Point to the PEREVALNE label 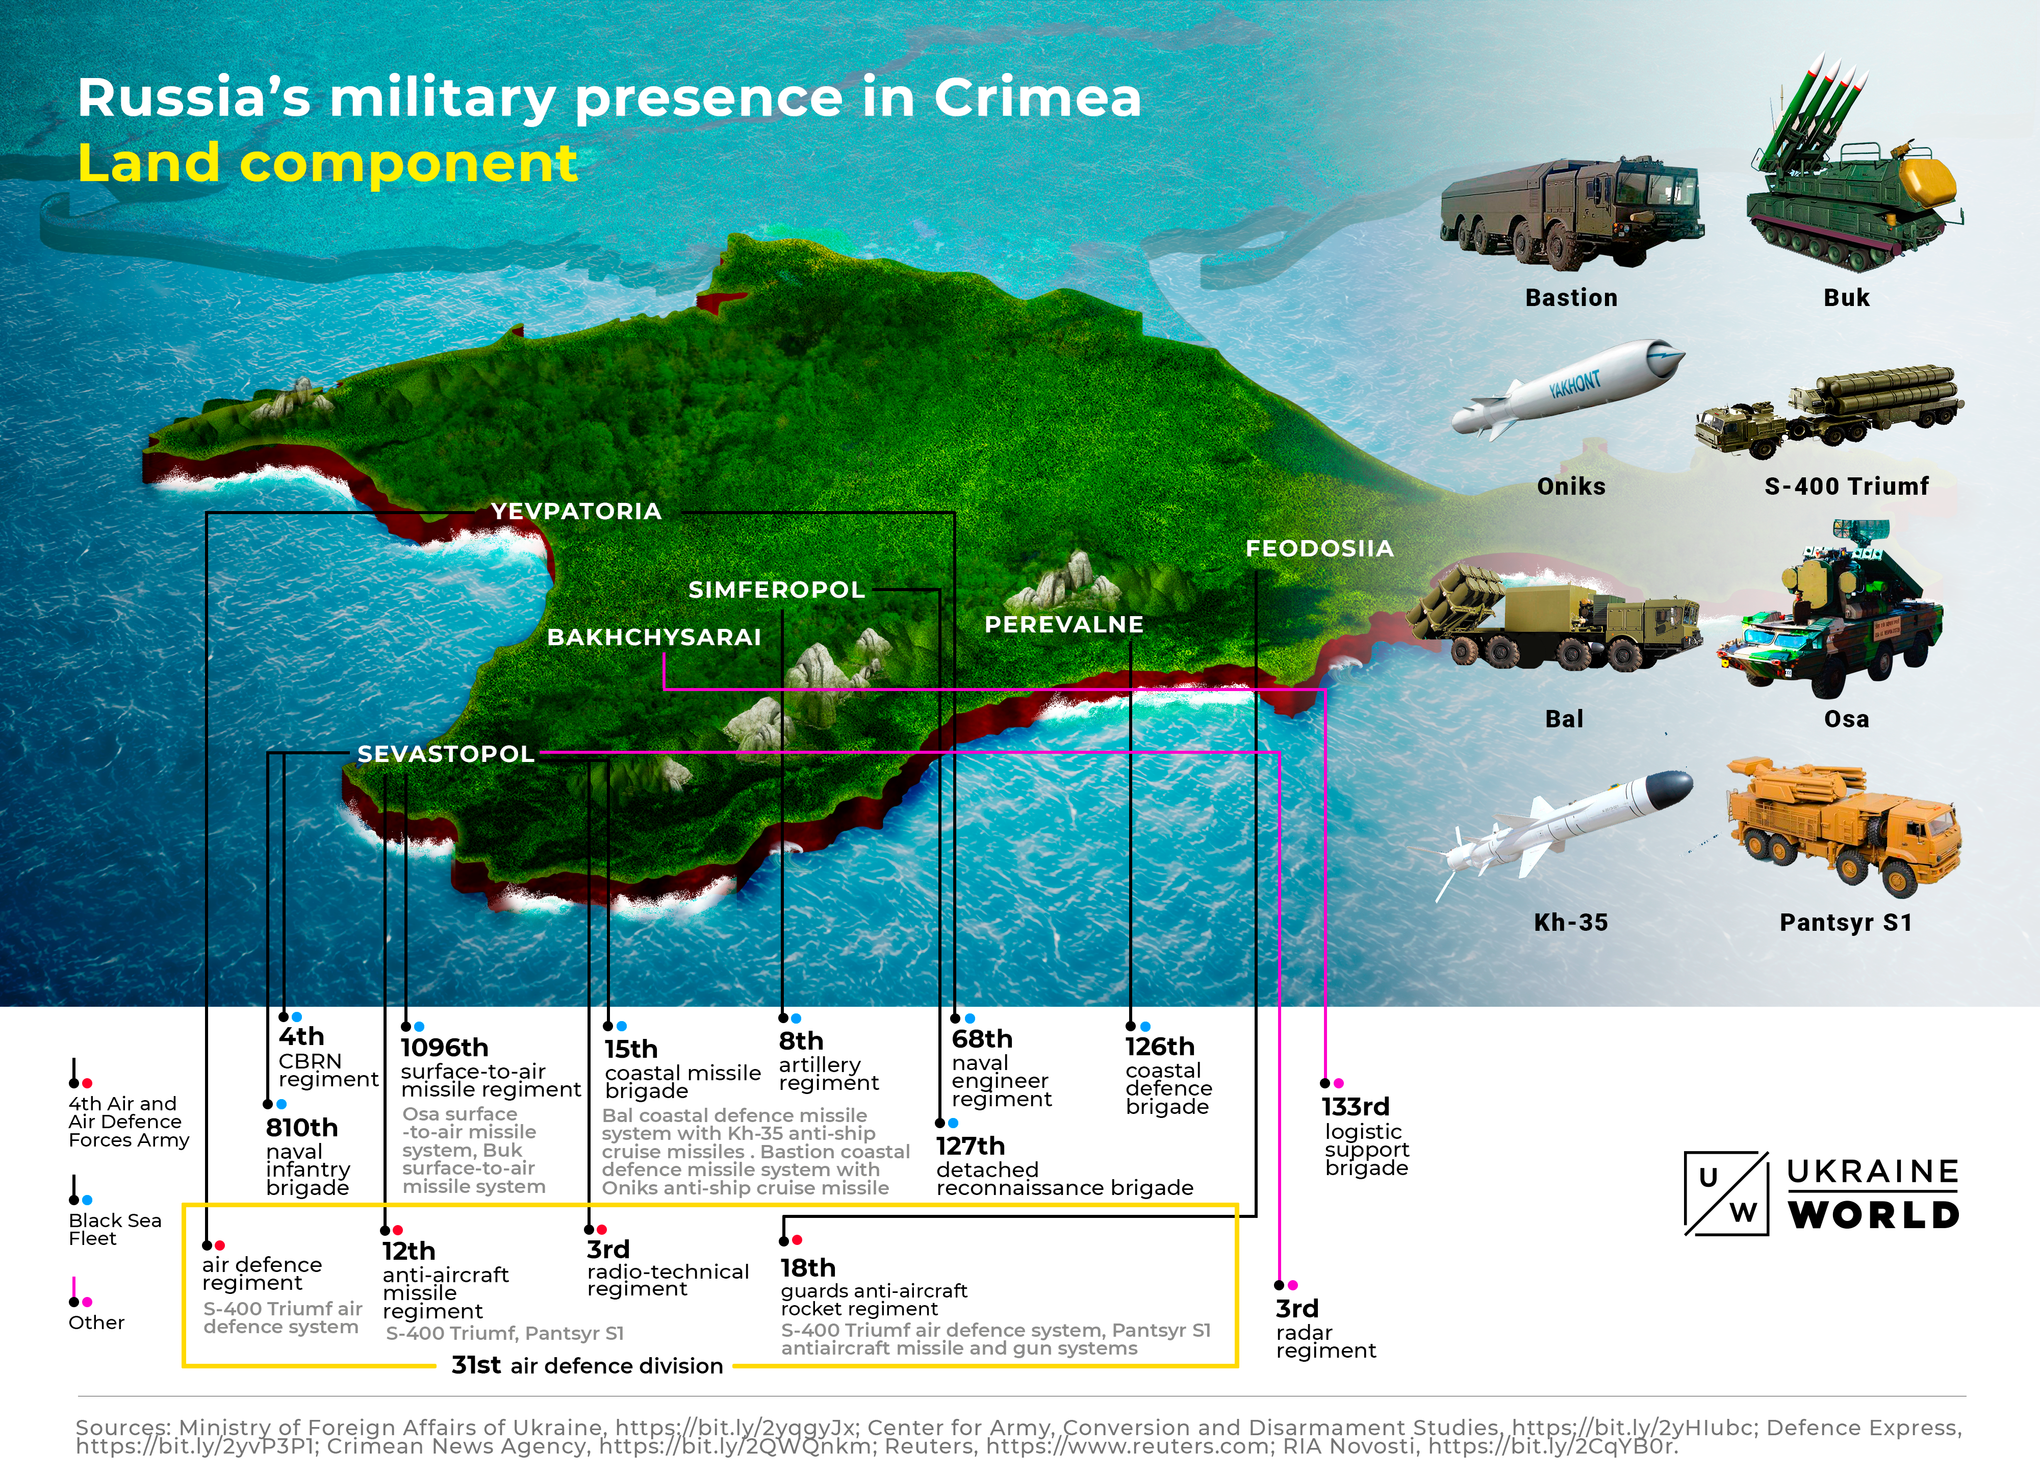click(1063, 624)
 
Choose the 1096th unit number click(444, 1048)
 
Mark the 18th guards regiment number click(808, 1268)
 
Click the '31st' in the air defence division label click(476, 1365)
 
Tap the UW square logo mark click(1726, 1193)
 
